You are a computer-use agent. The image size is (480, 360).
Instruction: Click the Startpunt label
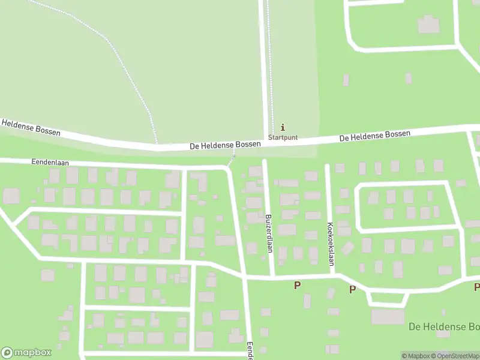pyautogui.click(x=283, y=137)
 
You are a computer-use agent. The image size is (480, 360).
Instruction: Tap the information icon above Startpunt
pyautogui.click(x=283, y=127)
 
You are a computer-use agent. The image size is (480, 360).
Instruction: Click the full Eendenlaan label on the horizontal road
pyautogui.click(x=47, y=162)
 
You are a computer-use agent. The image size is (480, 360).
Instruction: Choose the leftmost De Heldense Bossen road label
pyautogui.click(x=31, y=127)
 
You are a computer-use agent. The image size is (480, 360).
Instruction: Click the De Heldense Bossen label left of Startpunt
pyautogui.click(x=225, y=145)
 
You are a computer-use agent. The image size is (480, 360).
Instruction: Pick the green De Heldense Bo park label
pyautogui.click(x=443, y=327)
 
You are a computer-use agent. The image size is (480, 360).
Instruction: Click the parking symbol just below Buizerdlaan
pyautogui.click(x=296, y=285)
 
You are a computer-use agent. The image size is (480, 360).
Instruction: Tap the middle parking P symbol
pyautogui.click(x=352, y=289)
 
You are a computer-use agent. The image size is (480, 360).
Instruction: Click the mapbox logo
pyautogui.click(x=26, y=353)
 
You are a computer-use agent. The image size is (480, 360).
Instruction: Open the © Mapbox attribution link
pyautogui.click(x=415, y=356)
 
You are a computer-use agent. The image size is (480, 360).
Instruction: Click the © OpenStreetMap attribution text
pyautogui.click(x=454, y=356)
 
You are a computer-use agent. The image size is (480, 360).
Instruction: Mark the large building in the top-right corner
pyautogui.click(x=428, y=25)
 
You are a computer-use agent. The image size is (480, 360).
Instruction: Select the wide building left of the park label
pyautogui.click(x=388, y=316)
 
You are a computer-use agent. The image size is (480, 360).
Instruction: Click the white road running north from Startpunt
pyautogui.click(x=263, y=66)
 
